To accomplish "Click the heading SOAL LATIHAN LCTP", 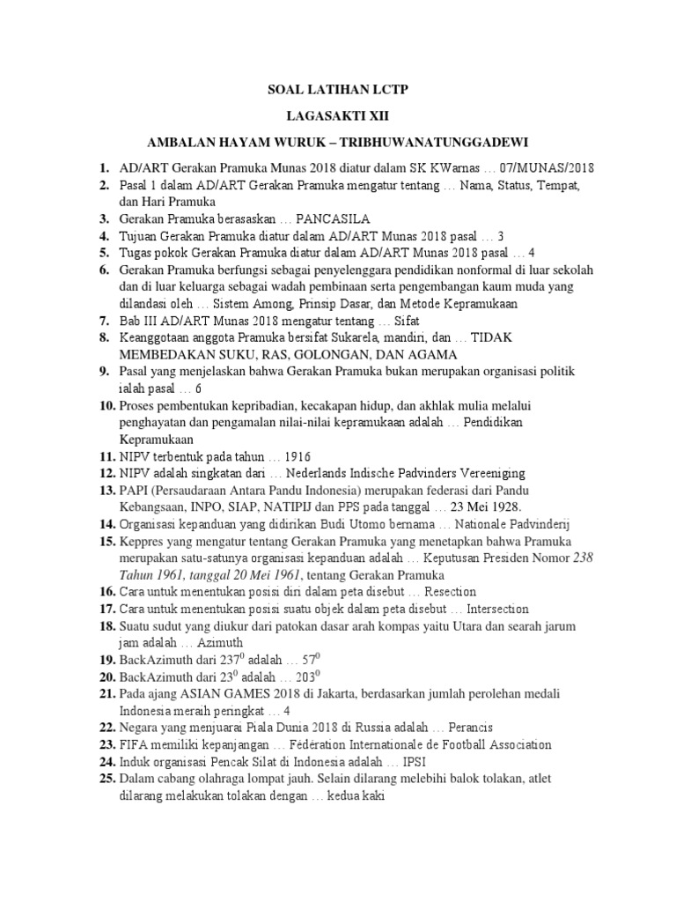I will coord(338,91).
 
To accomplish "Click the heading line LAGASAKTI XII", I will coord(338,116).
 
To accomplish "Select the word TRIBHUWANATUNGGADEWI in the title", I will coord(433,142).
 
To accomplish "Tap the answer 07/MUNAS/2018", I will coord(552,167).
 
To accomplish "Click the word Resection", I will coord(450,592).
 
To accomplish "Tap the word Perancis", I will coord(469,728).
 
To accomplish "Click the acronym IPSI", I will coord(417,762).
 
